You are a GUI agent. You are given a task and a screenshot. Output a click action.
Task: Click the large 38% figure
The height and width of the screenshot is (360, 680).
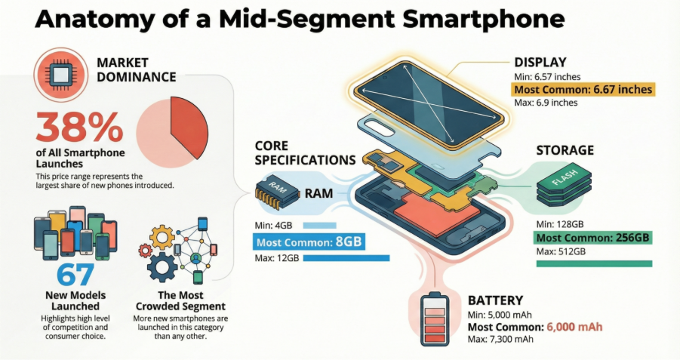(x=79, y=127)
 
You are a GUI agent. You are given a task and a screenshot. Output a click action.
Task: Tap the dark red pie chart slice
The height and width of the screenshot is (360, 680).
(x=187, y=126)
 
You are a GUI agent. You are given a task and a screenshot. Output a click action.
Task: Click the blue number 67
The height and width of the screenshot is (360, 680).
(x=75, y=275)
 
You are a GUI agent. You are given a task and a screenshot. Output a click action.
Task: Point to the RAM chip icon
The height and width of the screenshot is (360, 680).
(x=277, y=192)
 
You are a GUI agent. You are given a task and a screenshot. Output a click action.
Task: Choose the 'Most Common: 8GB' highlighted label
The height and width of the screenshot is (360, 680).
(x=309, y=242)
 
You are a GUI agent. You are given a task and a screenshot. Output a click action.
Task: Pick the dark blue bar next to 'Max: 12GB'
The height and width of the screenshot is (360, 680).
(x=346, y=258)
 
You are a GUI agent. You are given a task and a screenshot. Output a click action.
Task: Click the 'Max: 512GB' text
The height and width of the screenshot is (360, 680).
(x=561, y=251)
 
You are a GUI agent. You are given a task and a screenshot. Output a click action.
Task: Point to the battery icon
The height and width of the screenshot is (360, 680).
(x=435, y=320)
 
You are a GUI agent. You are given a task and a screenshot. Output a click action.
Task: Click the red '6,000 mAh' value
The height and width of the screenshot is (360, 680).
(x=574, y=327)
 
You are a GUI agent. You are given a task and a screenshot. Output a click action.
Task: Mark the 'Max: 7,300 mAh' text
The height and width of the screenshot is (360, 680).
(x=500, y=339)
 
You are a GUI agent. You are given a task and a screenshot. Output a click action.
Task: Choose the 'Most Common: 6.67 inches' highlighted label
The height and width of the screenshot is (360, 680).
(x=583, y=90)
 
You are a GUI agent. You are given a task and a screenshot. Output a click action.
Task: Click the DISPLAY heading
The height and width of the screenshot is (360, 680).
(x=540, y=63)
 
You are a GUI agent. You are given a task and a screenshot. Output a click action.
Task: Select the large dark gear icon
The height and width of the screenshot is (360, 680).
(x=162, y=267)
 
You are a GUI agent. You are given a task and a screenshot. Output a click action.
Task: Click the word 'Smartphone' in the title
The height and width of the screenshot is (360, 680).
(x=484, y=19)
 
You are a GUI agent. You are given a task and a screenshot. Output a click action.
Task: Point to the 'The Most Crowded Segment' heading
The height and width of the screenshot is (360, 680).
(x=180, y=300)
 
